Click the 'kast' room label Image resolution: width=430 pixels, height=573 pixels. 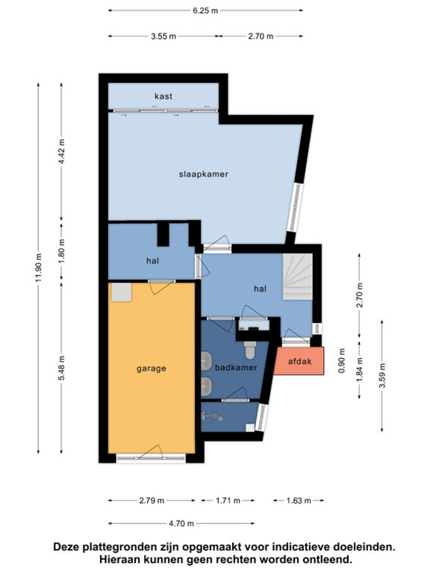[x=163, y=96]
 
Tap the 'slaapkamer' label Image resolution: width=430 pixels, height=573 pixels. [x=204, y=174]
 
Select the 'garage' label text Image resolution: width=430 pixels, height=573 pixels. [x=152, y=369]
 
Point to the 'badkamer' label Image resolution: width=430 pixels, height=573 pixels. [x=236, y=367]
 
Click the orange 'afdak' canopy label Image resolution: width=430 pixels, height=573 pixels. [x=300, y=362]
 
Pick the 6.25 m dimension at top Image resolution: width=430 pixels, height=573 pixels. [x=205, y=11]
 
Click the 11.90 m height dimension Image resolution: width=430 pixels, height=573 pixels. [x=39, y=267]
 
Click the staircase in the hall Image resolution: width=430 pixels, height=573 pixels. [x=298, y=277]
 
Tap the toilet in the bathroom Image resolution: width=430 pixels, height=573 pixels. [x=250, y=350]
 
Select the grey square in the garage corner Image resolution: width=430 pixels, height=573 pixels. [x=121, y=292]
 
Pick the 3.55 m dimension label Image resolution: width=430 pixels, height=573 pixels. [x=164, y=36]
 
